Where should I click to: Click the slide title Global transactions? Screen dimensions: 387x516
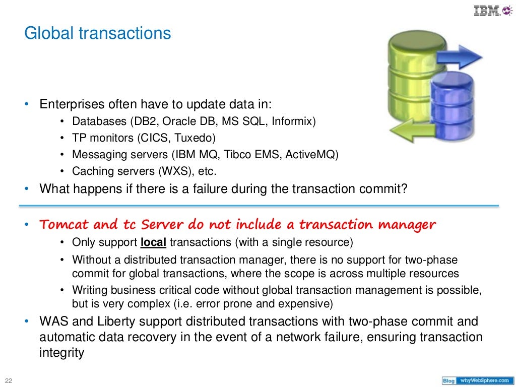click(98, 34)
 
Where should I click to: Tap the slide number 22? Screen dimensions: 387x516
click(8, 379)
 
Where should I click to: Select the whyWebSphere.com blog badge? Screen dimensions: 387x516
click(477, 380)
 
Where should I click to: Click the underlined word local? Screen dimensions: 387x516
click(154, 242)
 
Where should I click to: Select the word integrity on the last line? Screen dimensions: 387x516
click(61, 353)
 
